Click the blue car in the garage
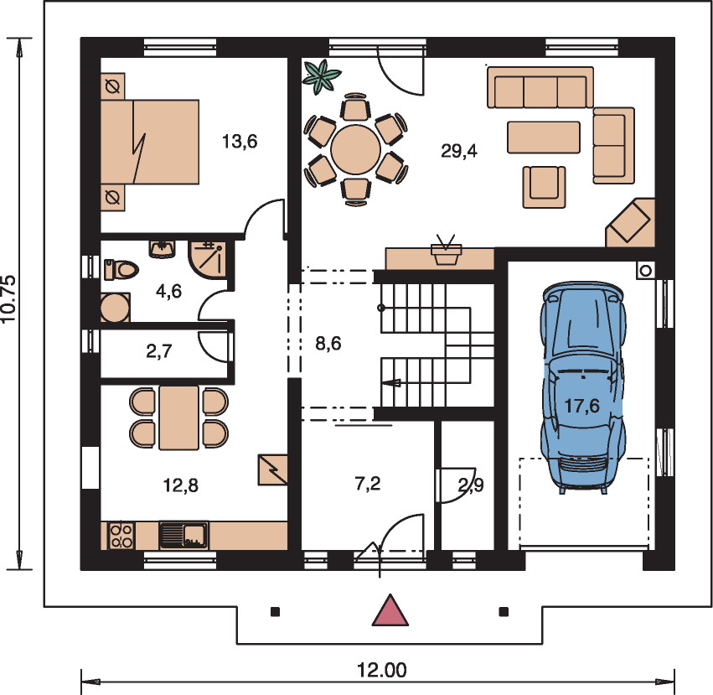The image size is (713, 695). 583,386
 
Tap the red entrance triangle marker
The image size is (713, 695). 390,610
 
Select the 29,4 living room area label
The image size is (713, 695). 459,151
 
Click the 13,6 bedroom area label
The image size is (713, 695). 240,142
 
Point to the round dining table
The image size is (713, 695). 355,149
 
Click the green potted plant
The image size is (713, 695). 322,76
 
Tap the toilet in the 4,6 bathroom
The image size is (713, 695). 121,269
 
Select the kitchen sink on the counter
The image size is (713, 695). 183,535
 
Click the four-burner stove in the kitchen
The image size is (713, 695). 121,535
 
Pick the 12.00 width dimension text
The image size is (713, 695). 381,670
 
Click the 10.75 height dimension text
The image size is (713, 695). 9,299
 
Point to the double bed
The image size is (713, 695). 150,142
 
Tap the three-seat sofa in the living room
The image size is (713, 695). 540,87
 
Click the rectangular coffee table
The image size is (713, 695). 544,137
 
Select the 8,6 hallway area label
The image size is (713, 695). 328,343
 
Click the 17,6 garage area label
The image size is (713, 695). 582,405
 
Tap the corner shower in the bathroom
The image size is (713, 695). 207,259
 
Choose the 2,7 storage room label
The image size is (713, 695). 159,351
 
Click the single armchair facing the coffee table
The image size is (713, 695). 544,187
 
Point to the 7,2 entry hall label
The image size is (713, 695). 368,484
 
